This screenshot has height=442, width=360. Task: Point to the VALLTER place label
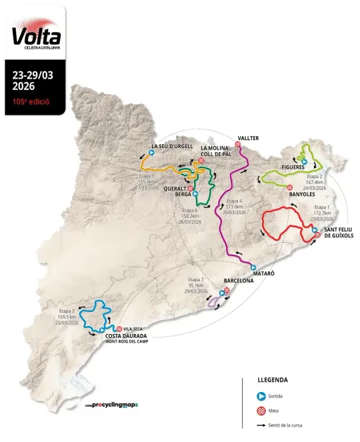tap(247, 138)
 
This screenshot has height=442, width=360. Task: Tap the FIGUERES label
tap(293, 167)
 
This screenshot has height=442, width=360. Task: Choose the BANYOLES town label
tap(302, 195)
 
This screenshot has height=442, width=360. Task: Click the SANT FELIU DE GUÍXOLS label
tap(338, 233)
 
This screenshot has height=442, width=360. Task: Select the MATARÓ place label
tap(262, 274)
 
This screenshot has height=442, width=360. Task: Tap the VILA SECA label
tap(133, 329)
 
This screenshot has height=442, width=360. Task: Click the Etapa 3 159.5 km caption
tap(67, 317)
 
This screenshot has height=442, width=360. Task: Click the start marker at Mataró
tap(253, 267)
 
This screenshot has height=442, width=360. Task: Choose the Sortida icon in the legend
tap(262, 395)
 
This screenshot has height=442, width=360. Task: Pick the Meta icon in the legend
tap(262, 410)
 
